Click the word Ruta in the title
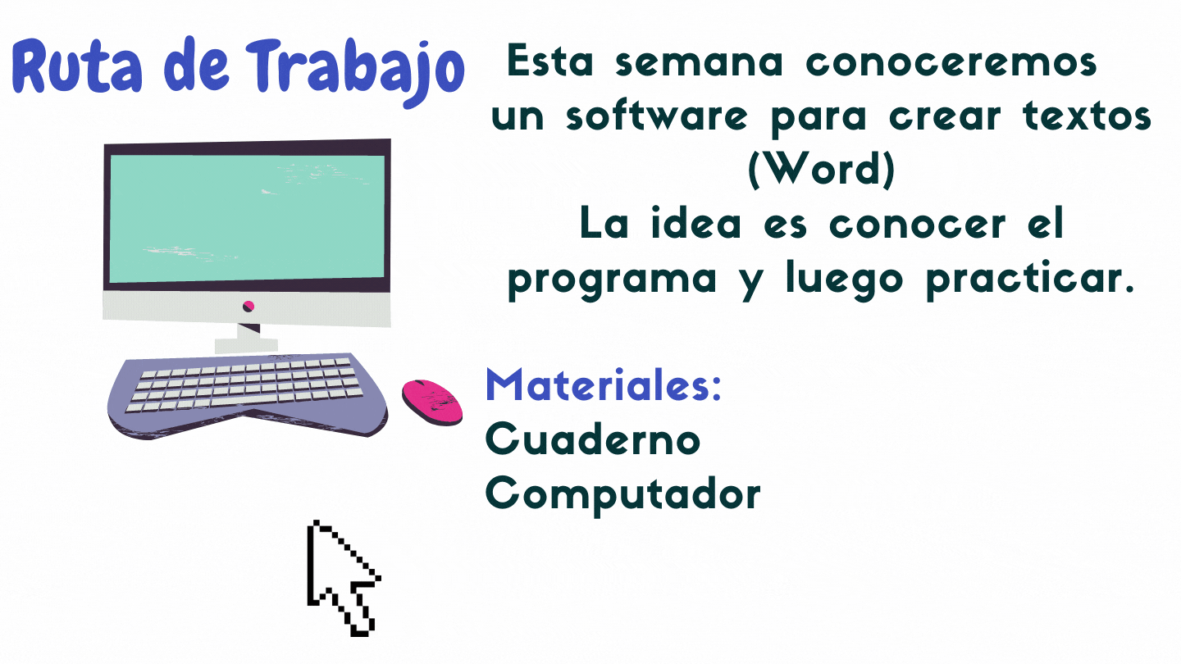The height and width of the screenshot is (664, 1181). click(77, 66)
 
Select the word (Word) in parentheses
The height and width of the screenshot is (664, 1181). click(822, 170)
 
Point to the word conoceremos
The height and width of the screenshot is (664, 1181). click(951, 62)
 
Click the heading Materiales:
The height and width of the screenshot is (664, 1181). click(603, 384)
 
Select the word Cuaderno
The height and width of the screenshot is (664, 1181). click(593, 439)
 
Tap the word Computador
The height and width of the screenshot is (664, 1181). click(622, 493)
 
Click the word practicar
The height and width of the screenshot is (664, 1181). click(1030, 279)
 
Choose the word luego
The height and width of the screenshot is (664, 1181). click(845, 280)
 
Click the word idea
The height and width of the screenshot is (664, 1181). click(696, 223)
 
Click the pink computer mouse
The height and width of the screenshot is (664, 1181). click(432, 402)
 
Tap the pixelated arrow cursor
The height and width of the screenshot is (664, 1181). click(343, 578)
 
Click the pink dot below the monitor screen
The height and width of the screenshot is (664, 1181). click(249, 306)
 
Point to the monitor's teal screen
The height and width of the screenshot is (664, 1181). click(247, 218)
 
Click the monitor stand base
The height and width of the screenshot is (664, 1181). click(246, 346)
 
